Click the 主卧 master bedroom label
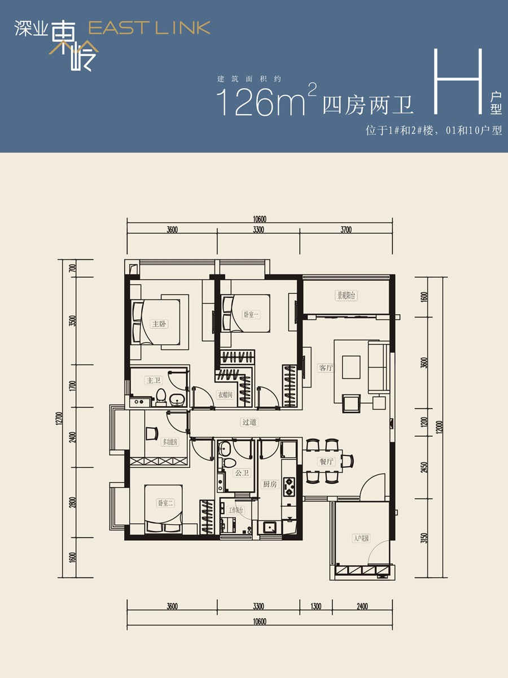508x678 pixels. (159, 324)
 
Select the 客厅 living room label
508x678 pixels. (326, 368)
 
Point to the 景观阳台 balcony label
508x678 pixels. (347, 295)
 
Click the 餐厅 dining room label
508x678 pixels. (326, 462)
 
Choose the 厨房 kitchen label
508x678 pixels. (269, 484)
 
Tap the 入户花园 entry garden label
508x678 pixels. (361, 538)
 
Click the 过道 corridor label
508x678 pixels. (249, 422)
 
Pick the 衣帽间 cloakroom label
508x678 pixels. (226, 395)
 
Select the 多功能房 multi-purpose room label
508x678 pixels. (170, 442)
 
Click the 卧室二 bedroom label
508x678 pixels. (165, 503)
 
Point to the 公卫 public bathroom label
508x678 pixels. (242, 473)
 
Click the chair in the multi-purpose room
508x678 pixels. (152, 433)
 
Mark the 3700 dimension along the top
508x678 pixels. (346, 229)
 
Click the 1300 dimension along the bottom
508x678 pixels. (316, 607)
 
